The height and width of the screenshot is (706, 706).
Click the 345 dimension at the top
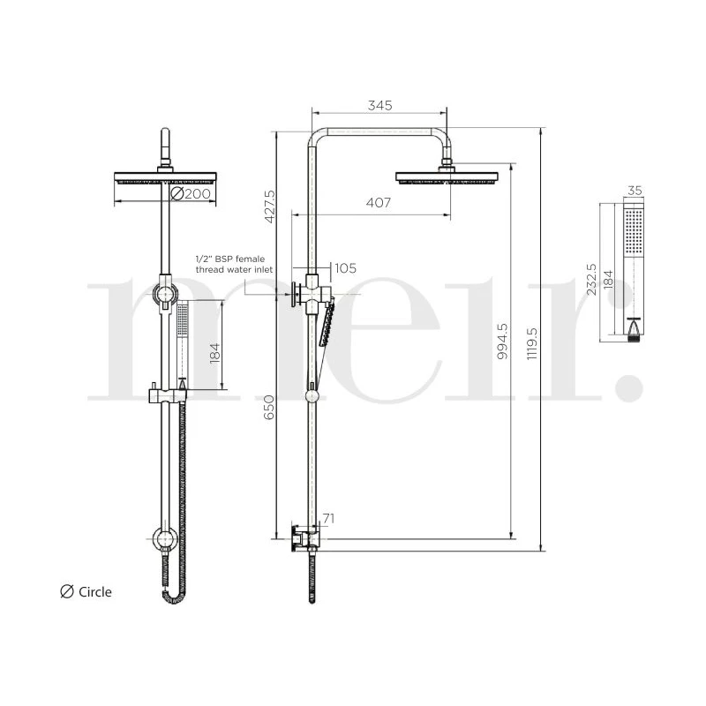379,105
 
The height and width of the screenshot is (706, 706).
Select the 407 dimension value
378,203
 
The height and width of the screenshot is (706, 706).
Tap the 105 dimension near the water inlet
346,268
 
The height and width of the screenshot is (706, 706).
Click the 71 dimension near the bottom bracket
328,520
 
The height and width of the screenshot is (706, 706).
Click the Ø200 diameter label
189,193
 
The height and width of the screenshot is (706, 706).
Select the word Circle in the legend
95,592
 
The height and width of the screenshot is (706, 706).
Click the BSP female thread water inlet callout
235,264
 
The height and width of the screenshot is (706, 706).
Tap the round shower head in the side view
451,177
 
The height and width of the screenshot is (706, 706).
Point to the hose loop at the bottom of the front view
173,595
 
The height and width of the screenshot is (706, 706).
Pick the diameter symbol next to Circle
65,592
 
